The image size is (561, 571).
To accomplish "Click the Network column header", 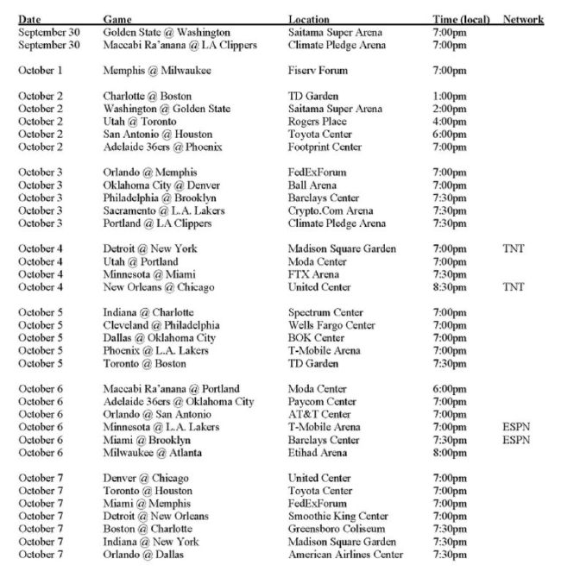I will coord(522,19).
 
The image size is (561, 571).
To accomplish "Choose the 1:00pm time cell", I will coord(450,96).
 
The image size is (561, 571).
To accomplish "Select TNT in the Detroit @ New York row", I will coord(514,249).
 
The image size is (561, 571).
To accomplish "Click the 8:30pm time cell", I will coord(450,287).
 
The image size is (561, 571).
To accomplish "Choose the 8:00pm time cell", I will coord(450,452).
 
